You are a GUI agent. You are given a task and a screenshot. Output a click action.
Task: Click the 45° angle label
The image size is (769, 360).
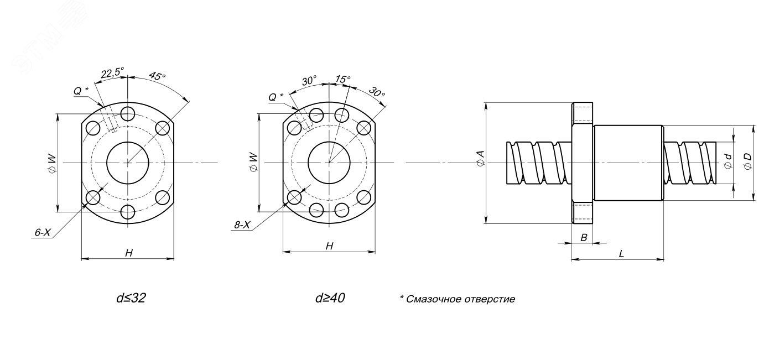tap(157, 77)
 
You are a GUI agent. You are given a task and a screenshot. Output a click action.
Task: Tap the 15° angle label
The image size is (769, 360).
tap(344, 80)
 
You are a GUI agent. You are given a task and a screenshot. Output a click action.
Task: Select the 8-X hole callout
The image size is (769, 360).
tap(242, 225)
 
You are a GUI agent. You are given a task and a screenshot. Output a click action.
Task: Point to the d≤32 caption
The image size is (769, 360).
tap(131, 299)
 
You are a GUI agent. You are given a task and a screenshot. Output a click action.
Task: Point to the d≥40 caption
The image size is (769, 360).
tap(331, 299)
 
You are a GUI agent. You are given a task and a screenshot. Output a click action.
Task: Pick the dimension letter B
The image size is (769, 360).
tap(583, 237)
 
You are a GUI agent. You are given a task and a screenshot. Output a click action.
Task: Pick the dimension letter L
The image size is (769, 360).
tap(621, 254)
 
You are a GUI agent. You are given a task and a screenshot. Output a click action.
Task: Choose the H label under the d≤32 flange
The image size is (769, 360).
tap(128, 253)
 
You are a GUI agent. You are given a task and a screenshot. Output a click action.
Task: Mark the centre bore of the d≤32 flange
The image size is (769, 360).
tap(128, 163)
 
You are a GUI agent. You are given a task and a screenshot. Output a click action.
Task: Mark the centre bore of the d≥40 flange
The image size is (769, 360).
tap(329, 163)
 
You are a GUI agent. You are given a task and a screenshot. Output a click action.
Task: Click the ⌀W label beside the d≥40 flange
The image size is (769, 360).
tap(253, 162)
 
